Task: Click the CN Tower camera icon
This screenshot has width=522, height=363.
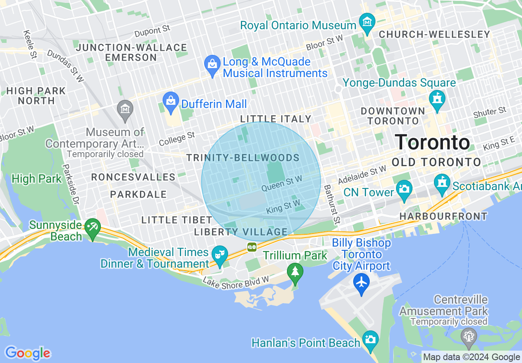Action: click(x=404, y=190)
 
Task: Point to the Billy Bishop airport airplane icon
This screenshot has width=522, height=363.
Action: click(x=361, y=283)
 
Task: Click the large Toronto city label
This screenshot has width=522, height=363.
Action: click(x=432, y=142)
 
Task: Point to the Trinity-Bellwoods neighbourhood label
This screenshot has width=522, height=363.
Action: click(x=243, y=158)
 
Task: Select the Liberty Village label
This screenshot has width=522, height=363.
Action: click(x=241, y=232)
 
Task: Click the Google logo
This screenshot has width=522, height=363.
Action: click(x=28, y=353)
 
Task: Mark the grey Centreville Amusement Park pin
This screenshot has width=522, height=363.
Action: click(x=469, y=335)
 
